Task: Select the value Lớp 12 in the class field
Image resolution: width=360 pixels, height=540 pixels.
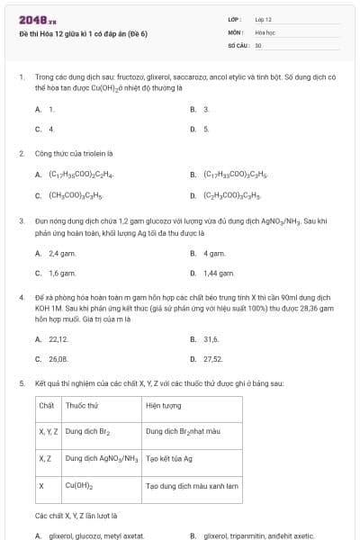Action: tap(263, 19)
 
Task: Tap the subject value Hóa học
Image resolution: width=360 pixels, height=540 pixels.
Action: tap(265, 31)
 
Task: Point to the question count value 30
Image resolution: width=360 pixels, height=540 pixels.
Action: tap(258, 44)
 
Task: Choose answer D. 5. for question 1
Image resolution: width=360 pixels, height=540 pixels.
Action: tap(200, 129)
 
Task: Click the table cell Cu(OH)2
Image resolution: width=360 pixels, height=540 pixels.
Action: tap(77, 484)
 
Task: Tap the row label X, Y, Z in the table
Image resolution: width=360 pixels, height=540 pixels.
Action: tap(49, 431)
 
